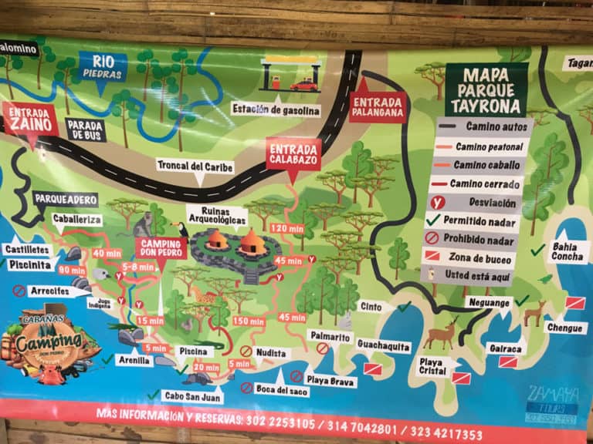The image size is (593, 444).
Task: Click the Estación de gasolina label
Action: [276, 109]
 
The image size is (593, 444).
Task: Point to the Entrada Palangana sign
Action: [377, 102]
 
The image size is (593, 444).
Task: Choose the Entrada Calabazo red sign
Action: [293, 154]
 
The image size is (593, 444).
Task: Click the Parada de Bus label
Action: [85, 129]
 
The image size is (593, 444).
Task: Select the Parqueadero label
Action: [66, 200]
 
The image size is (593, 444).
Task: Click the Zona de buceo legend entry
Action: [479, 257]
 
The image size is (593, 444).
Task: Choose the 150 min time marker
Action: [248, 321]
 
